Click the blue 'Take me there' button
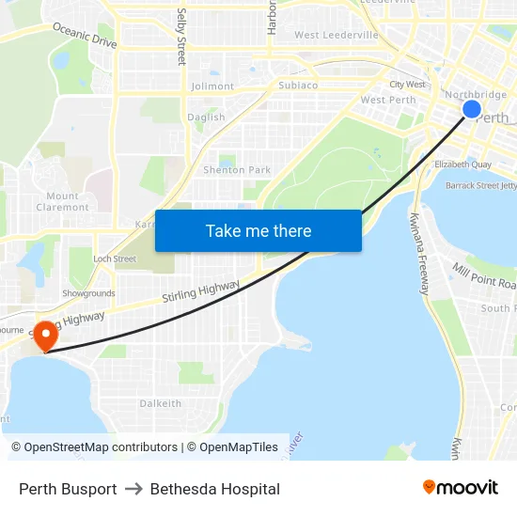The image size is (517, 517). pyautogui.click(x=258, y=230)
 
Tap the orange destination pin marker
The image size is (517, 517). pyautogui.click(x=44, y=335)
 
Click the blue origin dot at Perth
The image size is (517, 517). pyautogui.click(x=472, y=110)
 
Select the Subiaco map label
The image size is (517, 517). pyautogui.click(x=298, y=86)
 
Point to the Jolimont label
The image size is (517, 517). pyautogui.click(x=212, y=86)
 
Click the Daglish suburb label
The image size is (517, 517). pyautogui.click(x=206, y=117)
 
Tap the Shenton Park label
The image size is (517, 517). pyautogui.click(x=237, y=170)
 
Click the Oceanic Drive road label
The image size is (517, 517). pyautogui.click(x=85, y=37)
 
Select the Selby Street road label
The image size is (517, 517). pyautogui.click(x=182, y=37)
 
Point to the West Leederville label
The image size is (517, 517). pyautogui.click(x=337, y=36)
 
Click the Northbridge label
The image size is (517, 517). pyautogui.click(x=475, y=95)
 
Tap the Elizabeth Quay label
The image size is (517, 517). pyautogui.click(x=462, y=164)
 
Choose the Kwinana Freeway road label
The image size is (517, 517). pyautogui.click(x=419, y=254)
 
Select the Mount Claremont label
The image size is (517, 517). pyautogui.click(x=63, y=202)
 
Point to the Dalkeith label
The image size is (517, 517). pyautogui.click(x=161, y=403)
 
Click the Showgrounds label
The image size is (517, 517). pyautogui.click(x=88, y=293)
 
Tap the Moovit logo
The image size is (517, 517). pyautogui.click(x=461, y=488)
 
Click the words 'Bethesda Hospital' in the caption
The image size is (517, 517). pyautogui.click(x=215, y=489)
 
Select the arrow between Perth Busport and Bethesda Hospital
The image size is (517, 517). pyautogui.click(x=133, y=489)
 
